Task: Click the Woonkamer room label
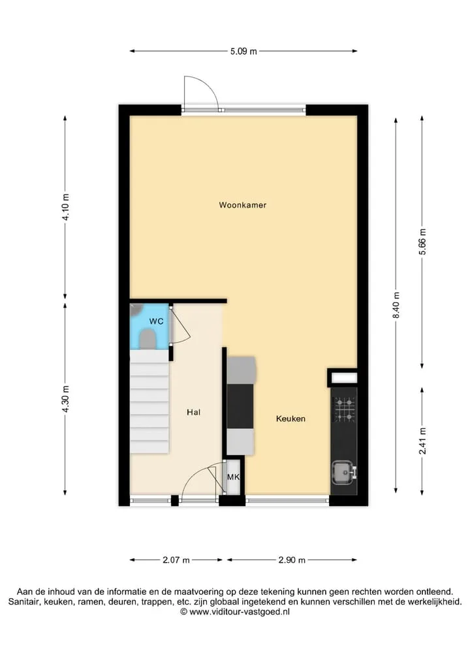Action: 243,205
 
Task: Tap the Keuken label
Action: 290,419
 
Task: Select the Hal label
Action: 193,412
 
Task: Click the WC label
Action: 156,321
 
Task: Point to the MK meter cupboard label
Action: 233,477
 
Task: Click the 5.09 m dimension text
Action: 243,52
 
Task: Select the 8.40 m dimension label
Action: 396,306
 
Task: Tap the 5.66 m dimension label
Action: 422,242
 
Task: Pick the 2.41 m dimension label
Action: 422,441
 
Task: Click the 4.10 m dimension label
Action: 65,207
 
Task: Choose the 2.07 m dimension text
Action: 176,560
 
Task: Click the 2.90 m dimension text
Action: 292,560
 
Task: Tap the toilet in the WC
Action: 147,339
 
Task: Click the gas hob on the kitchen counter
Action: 344,409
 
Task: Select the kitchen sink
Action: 343,472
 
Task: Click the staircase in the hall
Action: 149,402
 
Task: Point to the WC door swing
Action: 181,325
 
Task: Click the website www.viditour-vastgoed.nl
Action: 239,612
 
